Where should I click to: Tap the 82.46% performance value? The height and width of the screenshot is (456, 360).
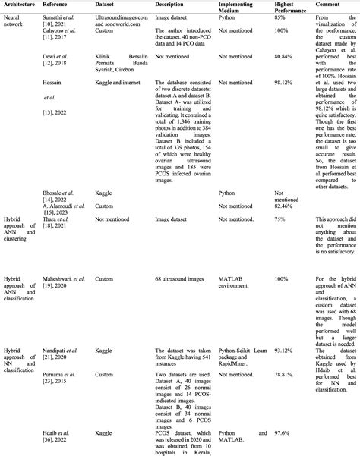(283, 206)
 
